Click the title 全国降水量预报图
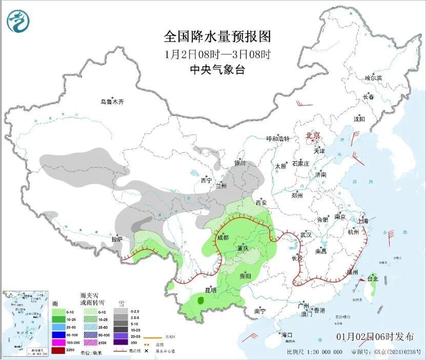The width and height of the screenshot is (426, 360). pyautogui.click(x=217, y=37)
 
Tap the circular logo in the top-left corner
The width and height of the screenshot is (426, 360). pyautogui.click(x=18, y=21)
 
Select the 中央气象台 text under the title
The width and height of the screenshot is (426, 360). pyautogui.click(x=217, y=70)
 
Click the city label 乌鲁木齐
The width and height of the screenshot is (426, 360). pyautogui.click(x=112, y=102)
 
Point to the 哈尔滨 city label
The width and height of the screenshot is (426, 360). pyautogui.click(x=373, y=78)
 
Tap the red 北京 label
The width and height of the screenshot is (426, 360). pyautogui.click(x=313, y=135)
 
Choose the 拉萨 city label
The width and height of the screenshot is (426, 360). pyautogui.click(x=117, y=239)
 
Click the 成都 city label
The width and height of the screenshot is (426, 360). pyautogui.click(x=222, y=237)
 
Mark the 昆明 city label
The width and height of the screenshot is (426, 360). pyautogui.click(x=210, y=290)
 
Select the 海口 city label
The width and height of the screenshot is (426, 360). pyautogui.click(x=287, y=335)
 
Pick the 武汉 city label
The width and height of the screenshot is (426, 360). pyautogui.click(x=306, y=234)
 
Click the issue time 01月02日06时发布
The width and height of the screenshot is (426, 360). pyautogui.click(x=375, y=337)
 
